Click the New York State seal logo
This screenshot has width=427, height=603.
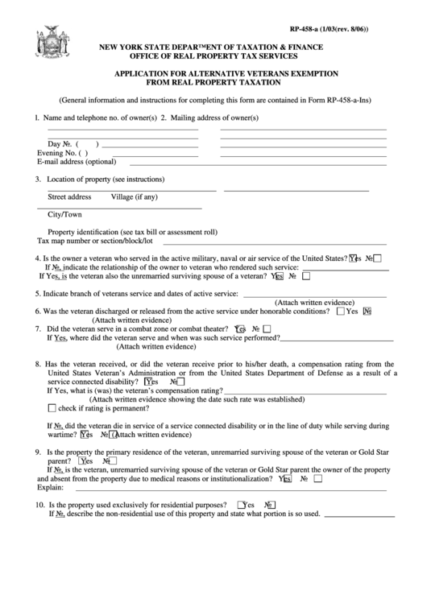48,40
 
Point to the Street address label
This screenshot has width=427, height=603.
69,197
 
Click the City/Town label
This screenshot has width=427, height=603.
64,215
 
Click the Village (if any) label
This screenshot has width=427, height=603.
134,197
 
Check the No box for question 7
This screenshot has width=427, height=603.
267,328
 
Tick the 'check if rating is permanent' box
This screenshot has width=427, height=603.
52,408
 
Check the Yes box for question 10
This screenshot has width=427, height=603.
241,506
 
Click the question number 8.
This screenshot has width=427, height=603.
38,364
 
